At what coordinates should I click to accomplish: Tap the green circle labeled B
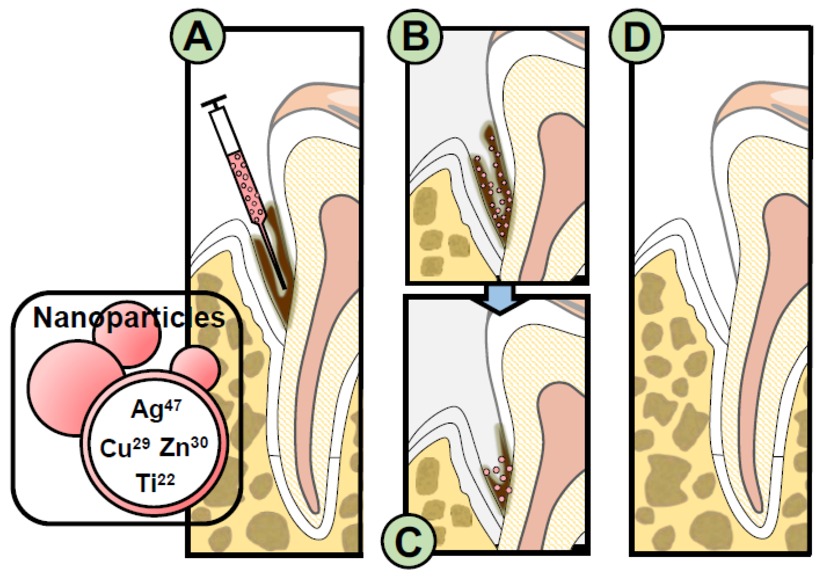tap(415, 37)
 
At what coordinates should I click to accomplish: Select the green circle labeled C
tap(409, 540)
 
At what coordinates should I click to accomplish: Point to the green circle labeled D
tap(636, 37)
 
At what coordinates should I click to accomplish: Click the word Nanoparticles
tap(129, 318)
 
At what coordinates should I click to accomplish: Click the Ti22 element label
tap(155, 482)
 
